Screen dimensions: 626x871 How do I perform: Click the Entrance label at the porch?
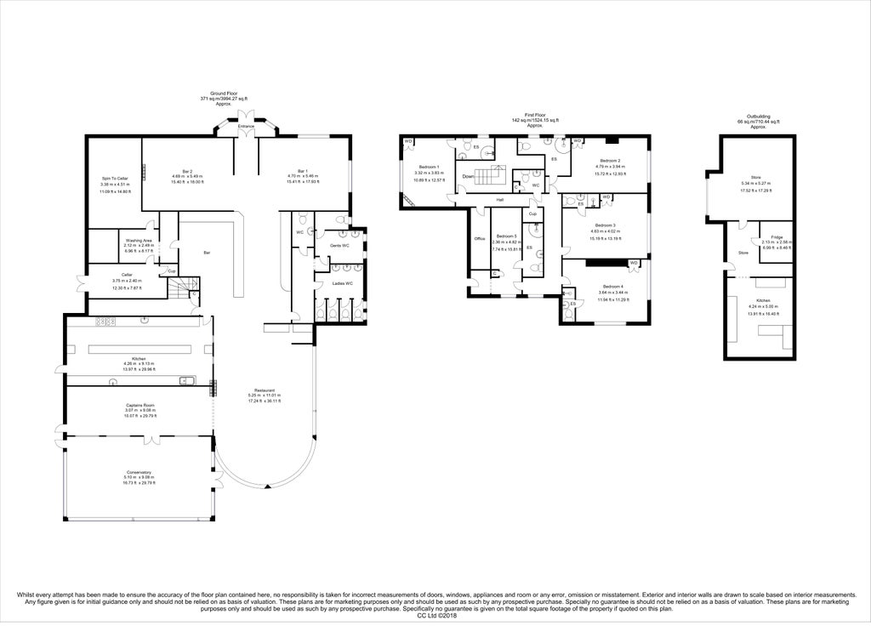coord(247,127)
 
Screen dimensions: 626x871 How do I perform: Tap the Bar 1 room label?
coord(302,171)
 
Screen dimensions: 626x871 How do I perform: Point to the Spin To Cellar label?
coord(114,178)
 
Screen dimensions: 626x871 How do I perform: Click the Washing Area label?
coord(138,241)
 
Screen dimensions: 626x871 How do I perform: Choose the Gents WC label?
coord(340,245)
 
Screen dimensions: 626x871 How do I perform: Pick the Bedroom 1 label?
coord(429,167)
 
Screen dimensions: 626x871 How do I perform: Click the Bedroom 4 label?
coord(613,287)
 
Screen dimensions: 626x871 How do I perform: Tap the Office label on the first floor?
coord(479,239)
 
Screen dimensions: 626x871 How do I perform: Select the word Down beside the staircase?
coord(469,177)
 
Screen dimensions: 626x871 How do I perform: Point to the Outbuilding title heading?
coord(757,117)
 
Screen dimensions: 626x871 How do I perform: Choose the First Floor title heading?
coord(533,115)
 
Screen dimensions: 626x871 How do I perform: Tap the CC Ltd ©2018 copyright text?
coord(435,616)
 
